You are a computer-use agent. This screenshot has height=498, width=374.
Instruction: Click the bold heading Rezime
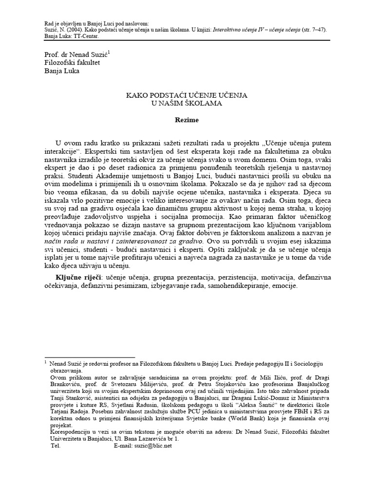pos(187,118)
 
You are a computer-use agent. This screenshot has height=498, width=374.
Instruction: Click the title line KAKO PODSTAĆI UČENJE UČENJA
pos(187,95)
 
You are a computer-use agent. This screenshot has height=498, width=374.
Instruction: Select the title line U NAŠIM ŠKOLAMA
pos(187,104)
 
